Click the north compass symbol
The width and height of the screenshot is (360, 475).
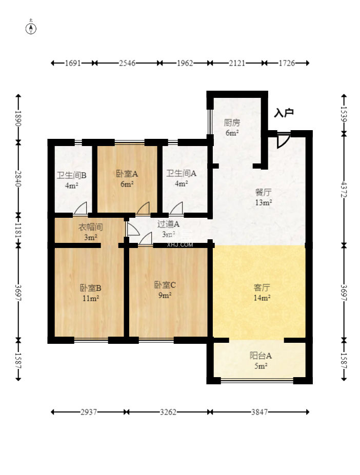tap(31, 28)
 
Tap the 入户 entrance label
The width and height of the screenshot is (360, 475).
tap(284, 113)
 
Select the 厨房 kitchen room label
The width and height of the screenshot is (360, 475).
tap(232, 122)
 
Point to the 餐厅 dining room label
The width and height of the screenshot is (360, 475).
tap(263, 192)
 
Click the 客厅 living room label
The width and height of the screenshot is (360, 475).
tap(262, 287)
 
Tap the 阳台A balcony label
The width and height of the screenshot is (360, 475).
tap(261, 355)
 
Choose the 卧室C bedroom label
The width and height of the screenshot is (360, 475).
tap(165, 285)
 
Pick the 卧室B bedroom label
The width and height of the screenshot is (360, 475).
tap(90, 288)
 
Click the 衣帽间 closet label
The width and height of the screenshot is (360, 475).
tap(90, 227)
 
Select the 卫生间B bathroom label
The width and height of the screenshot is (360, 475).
tap(72, 175)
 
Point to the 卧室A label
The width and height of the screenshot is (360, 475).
tap(127, 174)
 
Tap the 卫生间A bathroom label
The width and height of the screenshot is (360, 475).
tap(182, 174)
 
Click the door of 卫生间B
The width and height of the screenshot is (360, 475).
tap(81, 209)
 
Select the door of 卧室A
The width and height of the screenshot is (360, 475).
tap(143, 209)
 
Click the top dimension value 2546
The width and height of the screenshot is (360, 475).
tap(127, 63)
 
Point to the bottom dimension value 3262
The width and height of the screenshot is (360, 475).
tap(168, 412)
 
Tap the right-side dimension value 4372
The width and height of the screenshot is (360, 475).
tap(344, 189)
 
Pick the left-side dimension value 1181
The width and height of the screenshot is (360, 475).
tap(18, 230)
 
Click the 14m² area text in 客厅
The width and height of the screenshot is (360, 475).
tap(262, 298)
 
